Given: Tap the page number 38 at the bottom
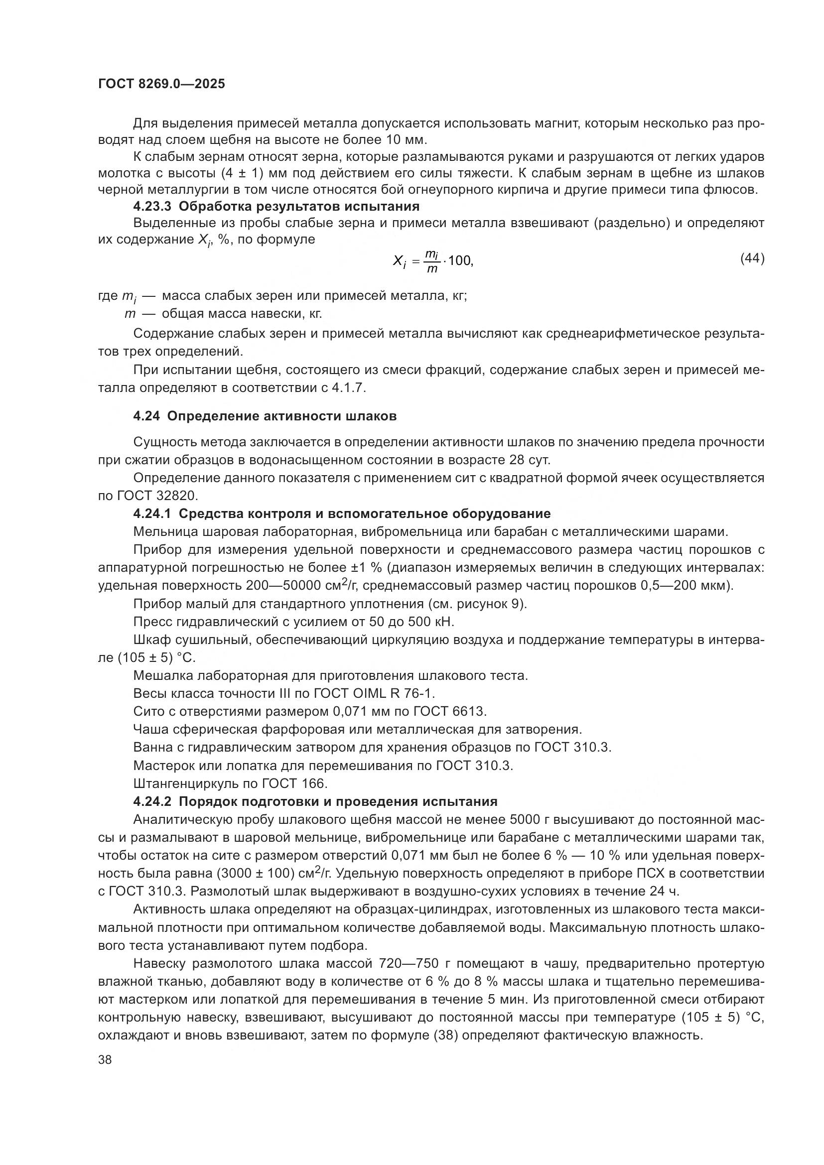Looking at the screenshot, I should pyautogui.click(x=105, y=1059).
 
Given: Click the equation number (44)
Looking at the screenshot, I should pyautogui.click(x=752, y=259).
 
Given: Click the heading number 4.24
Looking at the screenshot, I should pyautogui.click(x=146, y=416).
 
